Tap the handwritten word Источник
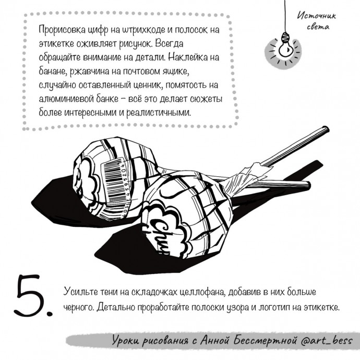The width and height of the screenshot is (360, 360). (x=317, y=16)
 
